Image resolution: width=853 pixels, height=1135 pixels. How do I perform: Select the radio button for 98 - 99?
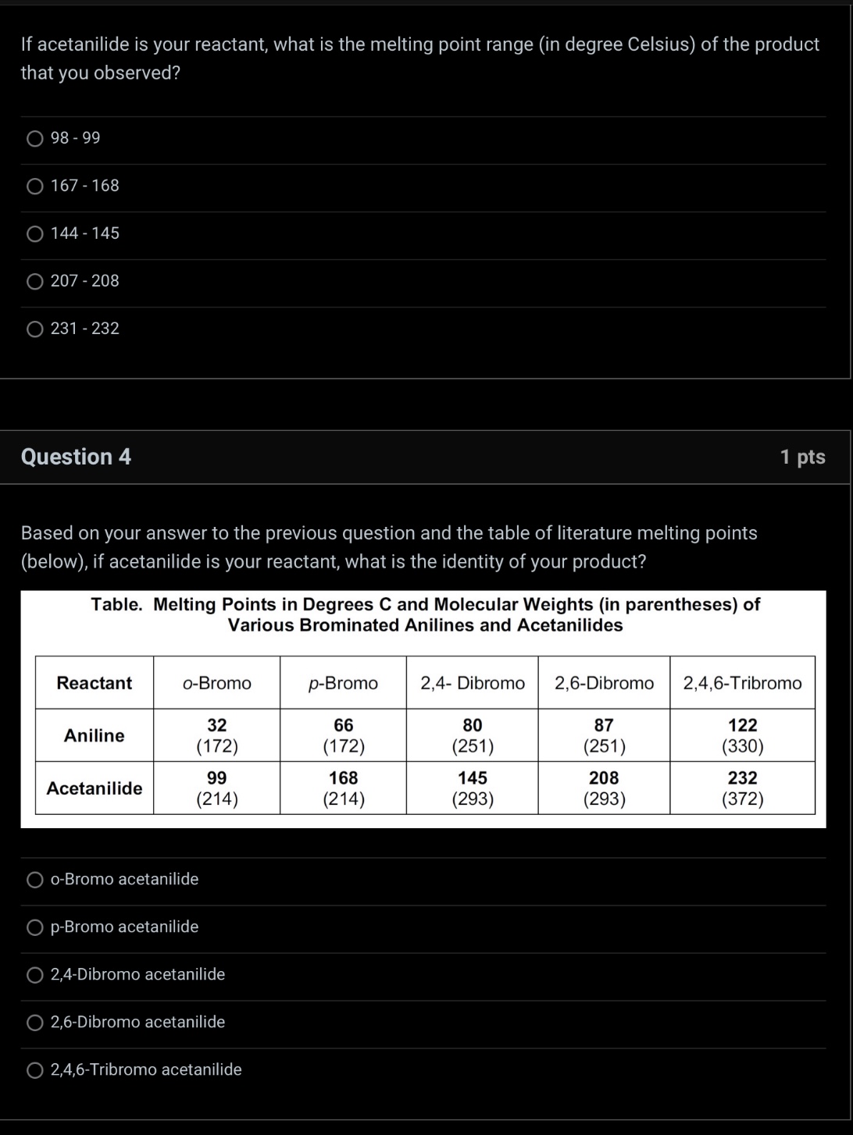point(35,139)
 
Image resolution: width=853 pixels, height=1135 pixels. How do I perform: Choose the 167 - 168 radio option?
point(35,187)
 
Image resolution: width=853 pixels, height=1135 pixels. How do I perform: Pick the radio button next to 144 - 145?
point(35,234)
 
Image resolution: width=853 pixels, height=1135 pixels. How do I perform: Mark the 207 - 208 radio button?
point(35,282)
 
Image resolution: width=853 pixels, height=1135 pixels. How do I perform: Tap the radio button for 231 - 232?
point(35,329)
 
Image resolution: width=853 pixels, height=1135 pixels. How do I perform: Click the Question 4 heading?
point(76,457)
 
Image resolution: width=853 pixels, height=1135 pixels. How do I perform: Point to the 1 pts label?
point(802,457)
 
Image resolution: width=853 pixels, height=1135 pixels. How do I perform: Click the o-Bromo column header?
point(216,683)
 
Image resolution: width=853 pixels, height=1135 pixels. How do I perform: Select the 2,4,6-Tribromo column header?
point(742,683)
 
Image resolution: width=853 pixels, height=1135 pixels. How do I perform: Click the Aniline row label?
point(94,735)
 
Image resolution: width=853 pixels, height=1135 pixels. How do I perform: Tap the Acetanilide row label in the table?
point(94,788)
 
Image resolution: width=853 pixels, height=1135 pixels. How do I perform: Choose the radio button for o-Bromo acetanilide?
point(35,881)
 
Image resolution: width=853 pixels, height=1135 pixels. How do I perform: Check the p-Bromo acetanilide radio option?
point(35,927)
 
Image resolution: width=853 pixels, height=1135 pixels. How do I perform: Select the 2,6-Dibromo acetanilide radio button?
point(35,1023)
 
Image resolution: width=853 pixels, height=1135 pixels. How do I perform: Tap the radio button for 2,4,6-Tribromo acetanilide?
point(35,1070)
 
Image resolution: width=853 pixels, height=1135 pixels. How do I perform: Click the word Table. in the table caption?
point(116,604)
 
